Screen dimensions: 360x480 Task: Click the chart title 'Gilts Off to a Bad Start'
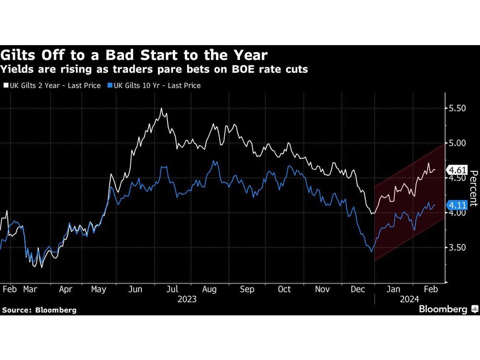pyautogui.click(x=134, y=54)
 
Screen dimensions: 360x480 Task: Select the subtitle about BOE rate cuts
pyautogui.click(x=155, y=70)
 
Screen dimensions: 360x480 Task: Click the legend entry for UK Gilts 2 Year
pyautogui.click(x=53, y=85)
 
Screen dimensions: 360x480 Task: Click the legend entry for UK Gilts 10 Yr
pyautogui.click(x=154, y=85)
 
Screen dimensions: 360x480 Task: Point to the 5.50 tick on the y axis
pyautogui.click(x=457, y=108)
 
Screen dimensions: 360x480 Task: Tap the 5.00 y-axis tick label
pyautogui.click(x=457, y=143)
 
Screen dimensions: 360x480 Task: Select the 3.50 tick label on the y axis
pyautogui.click(x=457, y=248)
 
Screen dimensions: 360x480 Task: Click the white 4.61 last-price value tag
pyautogui.click(x=457, y=169)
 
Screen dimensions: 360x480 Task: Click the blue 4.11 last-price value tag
pyautogui.click(x=457, y=205)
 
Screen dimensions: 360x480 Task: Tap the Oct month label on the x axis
pyautogui.click(x=285, y=289)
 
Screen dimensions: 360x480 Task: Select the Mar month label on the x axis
pyautogui.click(x=30, y=289)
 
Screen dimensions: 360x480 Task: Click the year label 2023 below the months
pyautogui.click(x=186, y=299)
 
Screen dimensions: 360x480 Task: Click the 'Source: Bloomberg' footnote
pyautogui.click(x=39, y=310)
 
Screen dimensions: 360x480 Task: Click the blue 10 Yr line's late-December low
pyautogui.click(x=371, y=251)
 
